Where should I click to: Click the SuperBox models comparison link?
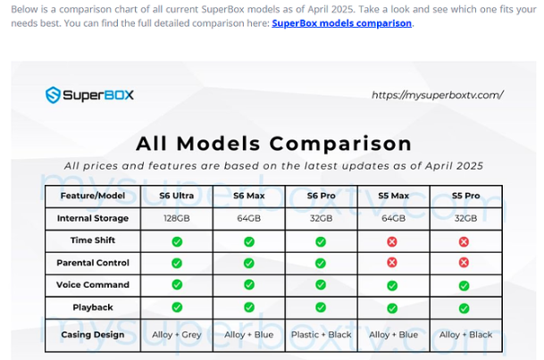click(x=342, y=23)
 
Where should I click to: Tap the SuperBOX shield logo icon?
click(x=53, y=95)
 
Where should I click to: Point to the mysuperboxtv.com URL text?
click(x=438, y=95)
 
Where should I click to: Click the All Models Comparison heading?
click(x=273, y=144)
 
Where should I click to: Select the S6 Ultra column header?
click(x=177, y=196)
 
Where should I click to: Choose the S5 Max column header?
click(x=393, y=196)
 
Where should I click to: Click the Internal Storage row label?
click(x=93, y=218)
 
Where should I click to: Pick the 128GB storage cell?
click(x=177, y=218)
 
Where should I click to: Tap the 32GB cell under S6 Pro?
click(x=321, y=218)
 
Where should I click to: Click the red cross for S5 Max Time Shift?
click(x=392, y=242)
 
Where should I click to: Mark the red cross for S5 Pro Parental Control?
click(x=464, y=263)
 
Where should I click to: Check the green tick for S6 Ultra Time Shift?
click(x=177, y=242)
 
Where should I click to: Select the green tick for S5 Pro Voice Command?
click(x=464, y=286)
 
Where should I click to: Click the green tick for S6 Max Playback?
click(x=249, y=307)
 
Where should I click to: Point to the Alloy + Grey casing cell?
click(x=177, y=335)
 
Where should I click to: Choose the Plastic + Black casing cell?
click(x=322, y=335)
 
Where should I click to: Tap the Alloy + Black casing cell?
click(x=466, y=335)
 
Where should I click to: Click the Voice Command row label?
click(x=93, y=285)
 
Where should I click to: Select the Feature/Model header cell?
click(x=93, y=196)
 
